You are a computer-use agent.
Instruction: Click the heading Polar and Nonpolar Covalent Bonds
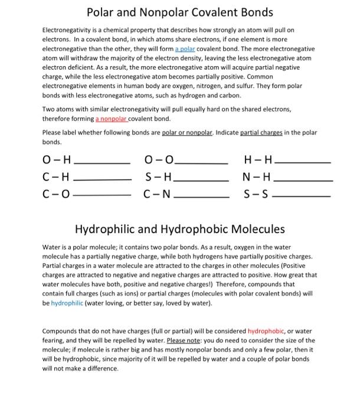pyautogui.click(x=180, y=12)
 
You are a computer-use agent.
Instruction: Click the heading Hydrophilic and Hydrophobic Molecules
pyautogui.click(x=180, y=228)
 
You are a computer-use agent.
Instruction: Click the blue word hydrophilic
pyautogui.click(x=68, y=303)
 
